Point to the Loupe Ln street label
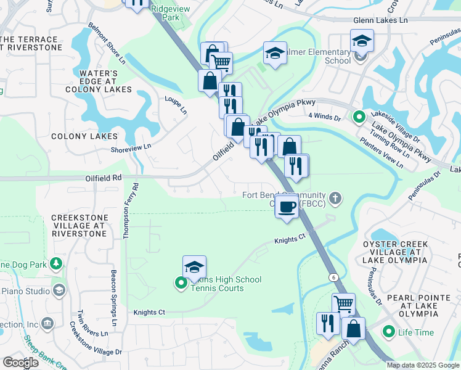[x=175, y=105]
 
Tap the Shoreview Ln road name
[x=130, y=147]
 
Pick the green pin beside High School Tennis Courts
[x=181, y=283]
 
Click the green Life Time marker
[x=388, y=332]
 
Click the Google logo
[x=20, y=363]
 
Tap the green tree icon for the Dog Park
[x=56, y=264]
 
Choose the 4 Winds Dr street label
[x=324, y=115]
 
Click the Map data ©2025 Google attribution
[x=422, y=365]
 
